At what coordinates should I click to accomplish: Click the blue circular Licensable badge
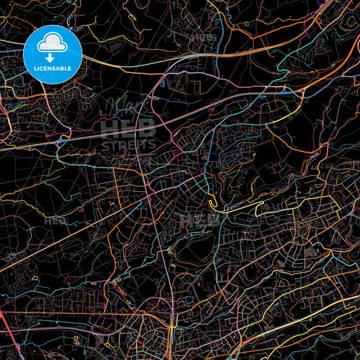pyautogui.click(x=53, y=54)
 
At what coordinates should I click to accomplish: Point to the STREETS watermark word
pyautogui.click(x=128, y=144)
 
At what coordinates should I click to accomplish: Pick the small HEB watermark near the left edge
pyautogui.click(x=55, y=220)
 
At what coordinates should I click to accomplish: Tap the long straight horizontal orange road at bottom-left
pyautogui.click(x=68, y=313)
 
